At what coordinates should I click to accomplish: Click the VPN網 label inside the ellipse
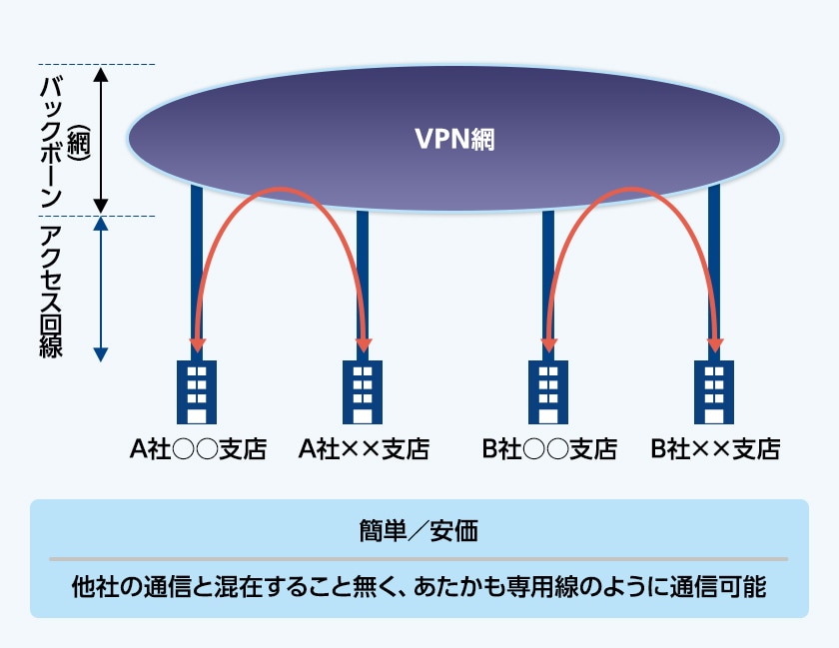(x=454, y=139)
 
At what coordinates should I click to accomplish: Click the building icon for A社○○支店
(x=198, y=392)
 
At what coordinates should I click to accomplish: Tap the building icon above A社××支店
(x=363, y=392)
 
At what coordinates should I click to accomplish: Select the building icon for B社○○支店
(x=548, y=392)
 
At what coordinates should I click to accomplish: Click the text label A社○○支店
(x=198, y=449)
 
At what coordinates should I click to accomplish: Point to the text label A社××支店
(x=364, y=449)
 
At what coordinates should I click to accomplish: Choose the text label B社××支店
(x=715, y=449)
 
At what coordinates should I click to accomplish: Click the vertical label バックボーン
(x=50, y=139)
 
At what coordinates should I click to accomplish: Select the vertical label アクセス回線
(x=50, y=290)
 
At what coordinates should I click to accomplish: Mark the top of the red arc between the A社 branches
(x=281, y=189)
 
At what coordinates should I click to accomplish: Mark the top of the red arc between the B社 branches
(x=632, y=189)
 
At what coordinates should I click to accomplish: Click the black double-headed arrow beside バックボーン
(x=100, y=139)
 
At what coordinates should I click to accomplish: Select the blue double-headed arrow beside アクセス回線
(x=100, y=290)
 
